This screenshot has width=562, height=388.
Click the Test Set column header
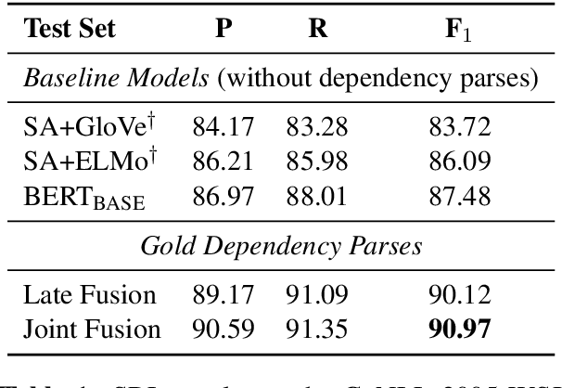[x=70, y=29]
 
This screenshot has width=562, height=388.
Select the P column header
[x=224, y=29]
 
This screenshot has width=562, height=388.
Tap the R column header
[x=318, y=29]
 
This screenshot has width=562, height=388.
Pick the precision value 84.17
[x=224, y=125]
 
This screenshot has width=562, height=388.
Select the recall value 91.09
[x=318, y=295]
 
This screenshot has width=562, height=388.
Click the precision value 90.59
[x=224, y=329]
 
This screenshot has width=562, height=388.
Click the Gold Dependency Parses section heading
[x=280, y=245]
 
